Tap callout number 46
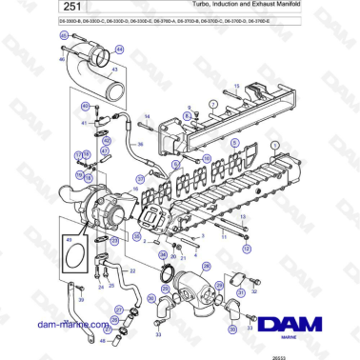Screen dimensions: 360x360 click(x=63, y=59)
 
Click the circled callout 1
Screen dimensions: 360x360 click(x=275, y=145)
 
